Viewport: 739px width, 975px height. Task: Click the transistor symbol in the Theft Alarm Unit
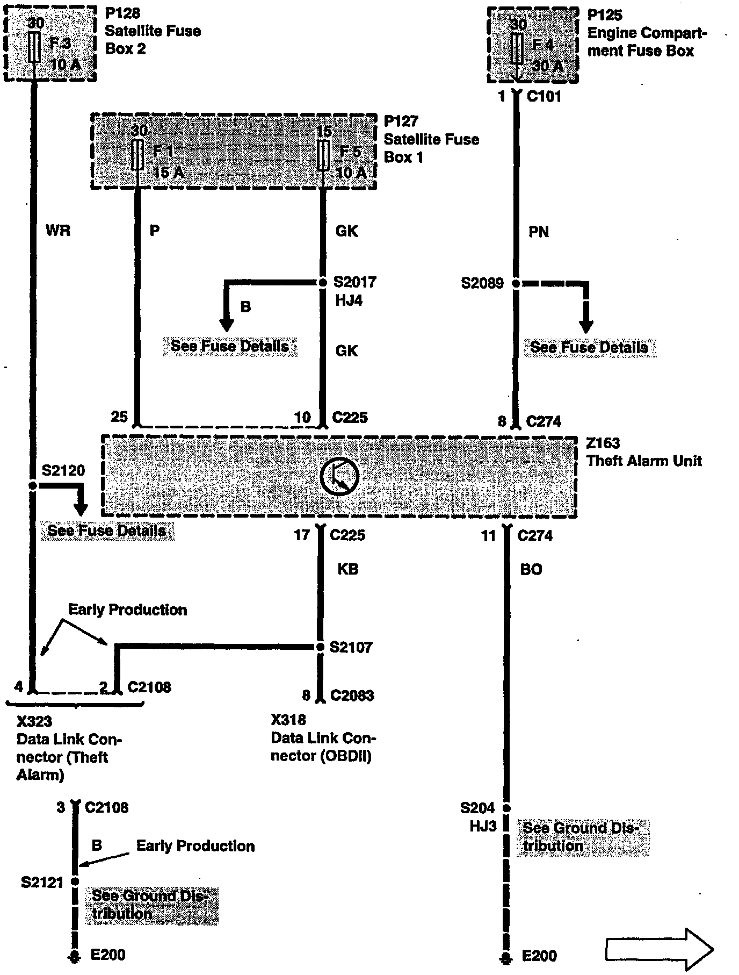(340, 477)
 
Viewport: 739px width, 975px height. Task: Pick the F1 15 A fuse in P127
(137, 155)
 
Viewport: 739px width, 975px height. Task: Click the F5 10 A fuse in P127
(323, 156)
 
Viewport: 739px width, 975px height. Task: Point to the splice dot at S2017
(323, 282)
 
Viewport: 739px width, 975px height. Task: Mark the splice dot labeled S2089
(516, 283)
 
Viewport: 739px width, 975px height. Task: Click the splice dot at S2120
(33, 485)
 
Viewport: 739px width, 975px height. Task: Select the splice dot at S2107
(320, 647)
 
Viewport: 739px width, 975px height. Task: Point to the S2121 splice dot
(75, 881)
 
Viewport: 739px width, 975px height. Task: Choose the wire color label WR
(58, 231)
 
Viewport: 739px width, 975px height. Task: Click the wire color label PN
(539, 232)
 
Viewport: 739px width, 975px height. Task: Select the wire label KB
(348, 569)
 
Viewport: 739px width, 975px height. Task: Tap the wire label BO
(531, 570)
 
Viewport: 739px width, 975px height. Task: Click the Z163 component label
(603, 443)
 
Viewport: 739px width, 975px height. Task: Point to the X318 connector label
(288, 720)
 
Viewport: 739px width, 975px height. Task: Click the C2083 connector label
(352, 696)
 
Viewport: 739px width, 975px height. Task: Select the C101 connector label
(544, 97)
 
